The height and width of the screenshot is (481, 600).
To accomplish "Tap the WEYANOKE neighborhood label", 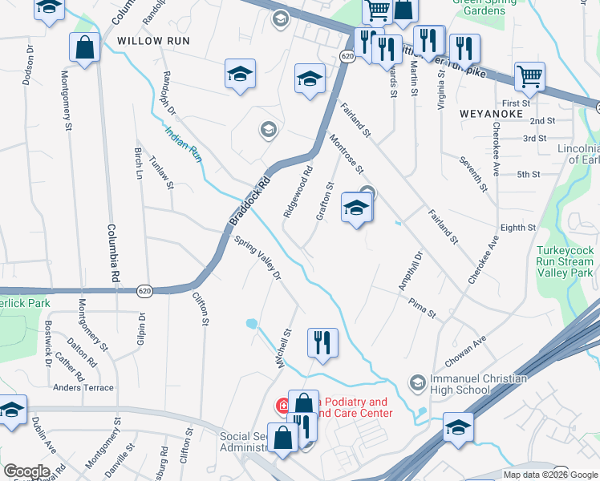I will point(492,114).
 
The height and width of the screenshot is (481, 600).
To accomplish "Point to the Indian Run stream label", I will point(184,143).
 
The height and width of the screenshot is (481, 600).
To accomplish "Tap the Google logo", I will point(26,471).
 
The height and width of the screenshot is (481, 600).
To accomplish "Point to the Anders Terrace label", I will point(83,387).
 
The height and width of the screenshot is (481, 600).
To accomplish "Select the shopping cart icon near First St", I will point(529,77).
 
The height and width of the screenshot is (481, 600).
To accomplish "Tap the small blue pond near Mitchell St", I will point(252,324).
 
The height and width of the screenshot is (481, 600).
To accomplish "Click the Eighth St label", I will point(518,228).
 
